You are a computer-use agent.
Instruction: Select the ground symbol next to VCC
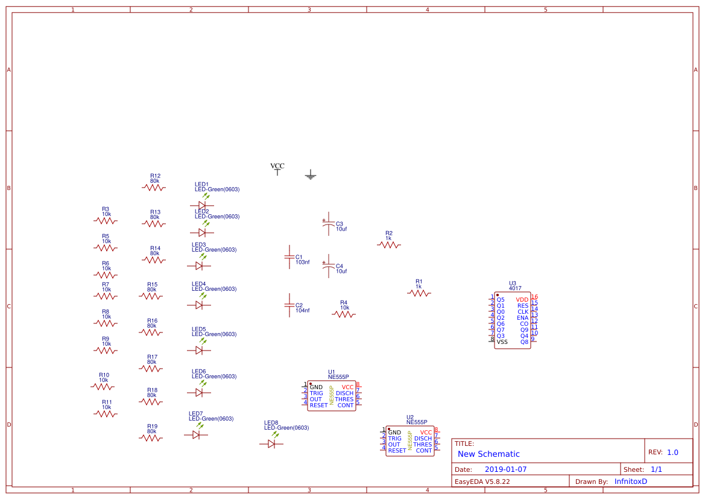click(x=311, y=176)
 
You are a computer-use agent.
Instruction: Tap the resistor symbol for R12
click(x=154, y=188)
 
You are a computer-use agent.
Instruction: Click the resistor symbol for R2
click(x=389, y=245)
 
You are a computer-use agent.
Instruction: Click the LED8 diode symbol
click(x=271, y=443)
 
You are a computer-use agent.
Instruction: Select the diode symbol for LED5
click(x=199, y=350)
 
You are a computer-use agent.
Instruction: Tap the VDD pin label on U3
click(x=522, y=299)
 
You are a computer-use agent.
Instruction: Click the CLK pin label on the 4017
click(x=522, y=312)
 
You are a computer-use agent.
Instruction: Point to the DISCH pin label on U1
click(x=344, y=393)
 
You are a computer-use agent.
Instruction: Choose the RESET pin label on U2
click(x=397, y=451)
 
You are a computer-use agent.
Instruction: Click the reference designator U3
click(x=513, y=283)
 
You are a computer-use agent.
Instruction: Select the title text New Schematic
click(x=488, y=454)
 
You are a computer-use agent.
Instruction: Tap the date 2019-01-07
click(x=505, y=469)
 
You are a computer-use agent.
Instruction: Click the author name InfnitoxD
click(x=630, y=482)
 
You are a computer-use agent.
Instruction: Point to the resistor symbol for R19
click(x=151, y=438)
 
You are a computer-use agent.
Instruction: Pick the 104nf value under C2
click(x=302, y=311)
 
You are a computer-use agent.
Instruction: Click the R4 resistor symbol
click(x=344, y=314)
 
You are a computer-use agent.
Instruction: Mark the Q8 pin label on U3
click(x=523, y=342)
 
